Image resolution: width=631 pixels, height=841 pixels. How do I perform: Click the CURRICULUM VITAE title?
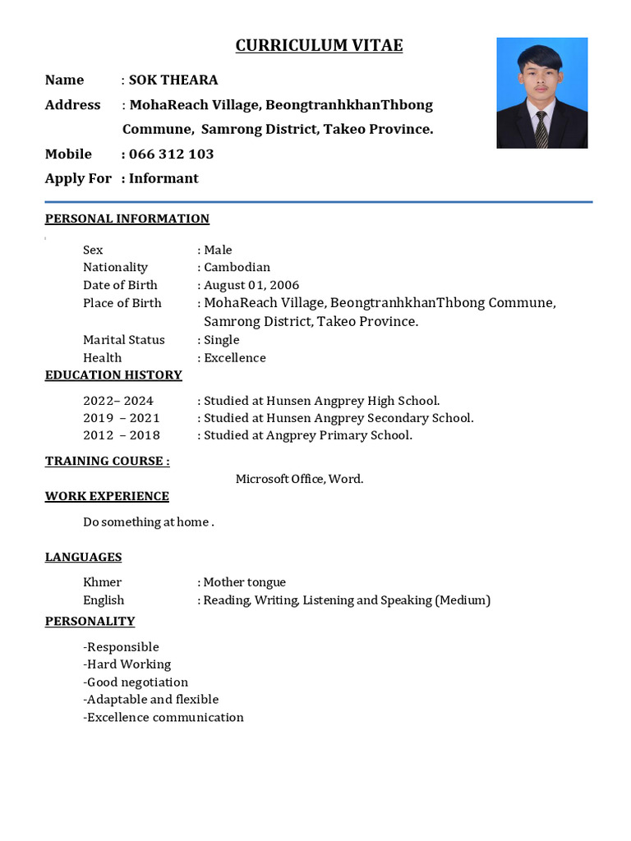tap(319, 46)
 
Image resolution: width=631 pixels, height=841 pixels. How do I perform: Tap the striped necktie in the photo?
tap(541, 130)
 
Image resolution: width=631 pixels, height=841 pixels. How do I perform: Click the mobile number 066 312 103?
tap(171, 154)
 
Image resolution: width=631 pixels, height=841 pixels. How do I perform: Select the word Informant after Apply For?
tap(164, 178)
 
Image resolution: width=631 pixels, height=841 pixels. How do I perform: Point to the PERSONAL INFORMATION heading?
tap(127, 218)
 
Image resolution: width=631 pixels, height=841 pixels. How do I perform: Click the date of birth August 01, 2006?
tap(251, 285)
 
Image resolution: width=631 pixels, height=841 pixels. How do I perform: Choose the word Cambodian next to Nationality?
tap(237, 267)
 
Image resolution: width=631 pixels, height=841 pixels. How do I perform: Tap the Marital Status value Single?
tap(222, 340)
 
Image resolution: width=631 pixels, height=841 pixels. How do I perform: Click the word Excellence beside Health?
tap(235, 358)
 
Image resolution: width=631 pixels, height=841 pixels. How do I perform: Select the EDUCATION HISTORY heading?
tap(113, 375)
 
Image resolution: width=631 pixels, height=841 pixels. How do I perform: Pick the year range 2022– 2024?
tap(117, 401)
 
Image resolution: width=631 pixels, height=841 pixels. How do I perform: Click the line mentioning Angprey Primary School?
tap(307, 435)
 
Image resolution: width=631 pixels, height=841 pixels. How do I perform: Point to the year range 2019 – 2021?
tap(121, 418)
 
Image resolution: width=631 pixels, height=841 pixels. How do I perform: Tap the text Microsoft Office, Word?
tap(299, 479)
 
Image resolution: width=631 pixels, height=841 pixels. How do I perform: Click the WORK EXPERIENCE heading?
tap(107, 496)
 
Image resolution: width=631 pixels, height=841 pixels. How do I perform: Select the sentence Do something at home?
tap(148, 522)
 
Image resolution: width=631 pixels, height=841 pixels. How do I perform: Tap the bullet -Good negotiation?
tap(136, 682)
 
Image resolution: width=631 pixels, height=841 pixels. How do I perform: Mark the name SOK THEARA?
tap(173, 80)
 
